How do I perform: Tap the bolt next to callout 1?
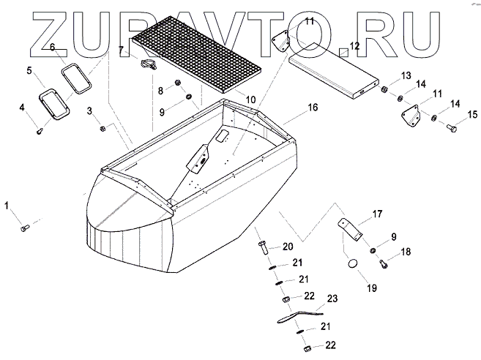coord(24,228)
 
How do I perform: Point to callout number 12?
coord(354,46)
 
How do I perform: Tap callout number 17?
coord(378,214)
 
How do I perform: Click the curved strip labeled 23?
coord(300,315)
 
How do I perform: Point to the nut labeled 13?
coord(382,90)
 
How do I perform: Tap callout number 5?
coord(29,71)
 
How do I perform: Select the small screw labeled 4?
coord(41,130)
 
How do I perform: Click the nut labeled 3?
coord(104,129)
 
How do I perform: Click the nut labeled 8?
coord(177,83)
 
